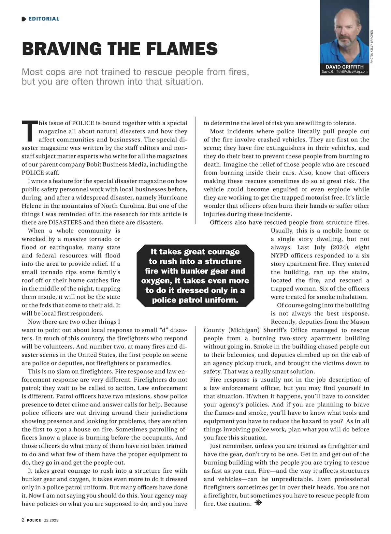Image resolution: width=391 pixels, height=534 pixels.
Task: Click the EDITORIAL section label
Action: pos(44,19)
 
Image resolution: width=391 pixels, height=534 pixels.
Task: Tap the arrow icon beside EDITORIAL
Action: pos(24,19)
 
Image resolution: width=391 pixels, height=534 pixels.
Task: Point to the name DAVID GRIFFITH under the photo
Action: pos(344,67)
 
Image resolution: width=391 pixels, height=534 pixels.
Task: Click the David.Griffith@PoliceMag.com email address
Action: pos(344,72)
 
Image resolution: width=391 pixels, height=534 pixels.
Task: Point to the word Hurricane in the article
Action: pos(172,198)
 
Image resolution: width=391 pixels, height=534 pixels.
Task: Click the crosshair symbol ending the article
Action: pos(258,503)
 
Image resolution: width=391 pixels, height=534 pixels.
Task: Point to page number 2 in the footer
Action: pos(23,520)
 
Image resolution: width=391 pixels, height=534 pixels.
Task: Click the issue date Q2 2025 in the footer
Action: pos(51,520)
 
